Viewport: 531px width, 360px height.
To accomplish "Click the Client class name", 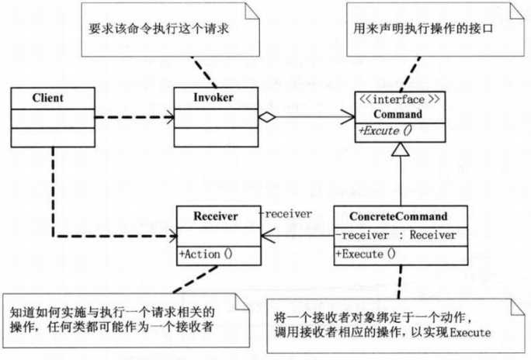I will (x=48, y=99).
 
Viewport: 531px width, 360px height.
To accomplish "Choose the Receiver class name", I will (x=207, y=215).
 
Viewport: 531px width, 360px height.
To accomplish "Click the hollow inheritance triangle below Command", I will (x=401, y=154).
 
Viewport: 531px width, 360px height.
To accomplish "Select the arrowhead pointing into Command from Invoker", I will (x=348, y=118).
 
